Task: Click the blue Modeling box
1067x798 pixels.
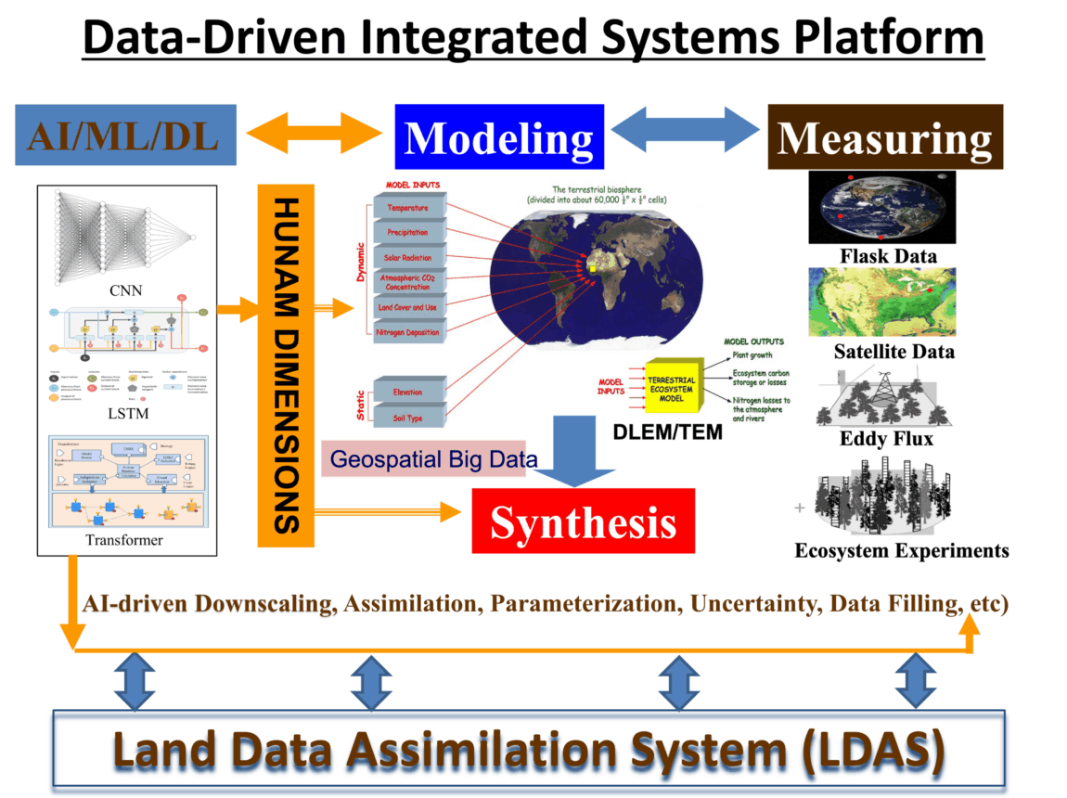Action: (x=499, y=137)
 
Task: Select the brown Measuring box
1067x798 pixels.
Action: (x=884, y=137)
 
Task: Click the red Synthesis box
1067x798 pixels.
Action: (x=583, y=522)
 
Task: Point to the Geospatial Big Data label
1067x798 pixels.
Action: (x=422, y=459)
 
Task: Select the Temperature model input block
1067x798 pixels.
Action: (x=408, y=208)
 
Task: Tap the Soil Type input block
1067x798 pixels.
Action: (x=408, y=417)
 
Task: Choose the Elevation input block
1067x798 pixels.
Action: (x=408, y=392)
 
